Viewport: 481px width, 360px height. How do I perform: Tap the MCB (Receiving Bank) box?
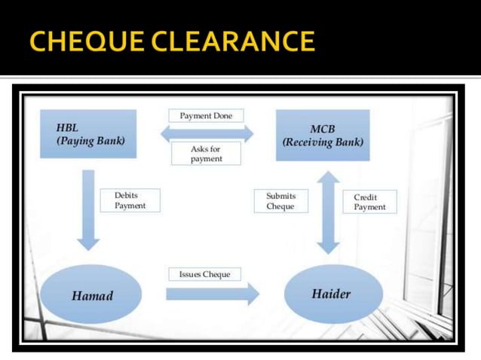coord(322,135)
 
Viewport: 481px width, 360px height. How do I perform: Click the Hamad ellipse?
coord(92,294)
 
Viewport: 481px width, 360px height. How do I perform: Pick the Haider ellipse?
coord(332,294)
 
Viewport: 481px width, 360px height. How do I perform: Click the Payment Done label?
coord(206,116)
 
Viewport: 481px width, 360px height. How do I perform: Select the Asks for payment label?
coord(205,154)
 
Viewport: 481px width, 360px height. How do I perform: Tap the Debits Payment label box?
coord(130,200)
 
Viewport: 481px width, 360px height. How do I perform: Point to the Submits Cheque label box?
coord(280,201)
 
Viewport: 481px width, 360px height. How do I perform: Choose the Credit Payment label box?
coord(369,202)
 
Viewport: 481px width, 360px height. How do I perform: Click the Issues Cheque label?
coord(204,274)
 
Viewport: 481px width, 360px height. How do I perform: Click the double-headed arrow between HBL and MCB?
coord(207,133)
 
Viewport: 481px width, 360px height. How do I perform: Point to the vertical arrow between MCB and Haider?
coord(328,212)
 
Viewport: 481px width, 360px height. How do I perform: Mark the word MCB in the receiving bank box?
coord(322,129)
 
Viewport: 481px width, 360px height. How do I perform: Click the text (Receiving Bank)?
coord(322,142)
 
